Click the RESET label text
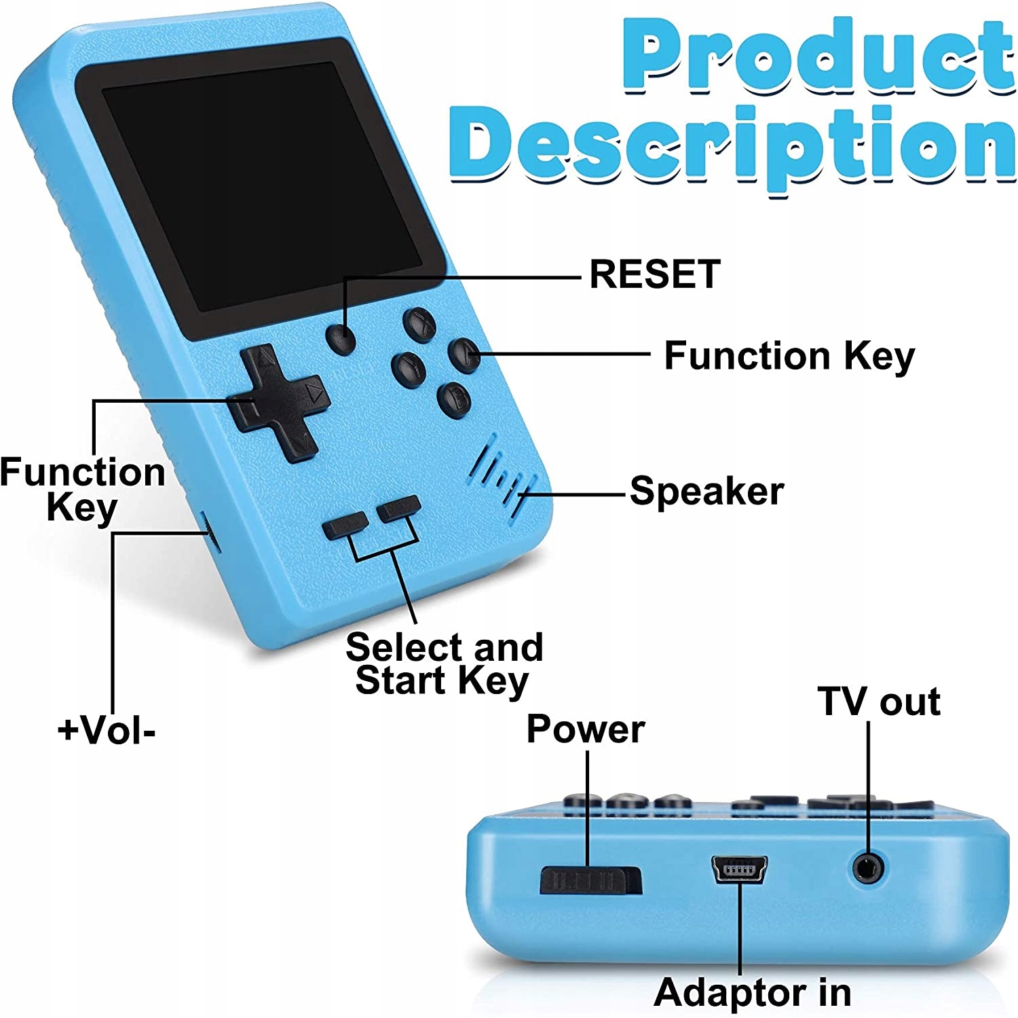tap(654, 274)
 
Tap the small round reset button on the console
tap(341, 338)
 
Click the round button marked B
tap(455, 400)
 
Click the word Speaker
tap(706, 491)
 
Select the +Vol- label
tap(107, 731)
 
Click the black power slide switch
tap(590, 881)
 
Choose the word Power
tap(585, 730)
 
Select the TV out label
tap(879, 702)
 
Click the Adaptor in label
tap(752, 992)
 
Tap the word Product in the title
tap(818, 58)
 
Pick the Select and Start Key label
tap(444, 663)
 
